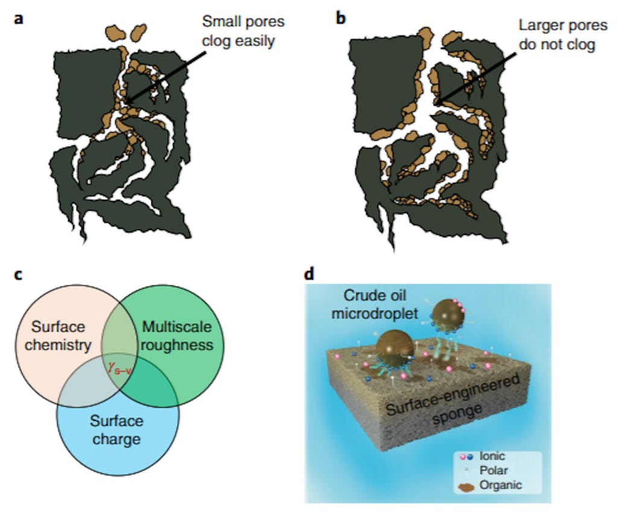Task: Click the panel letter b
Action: [x=341, y=19]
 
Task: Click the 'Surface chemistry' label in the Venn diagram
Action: [x=59, y=336]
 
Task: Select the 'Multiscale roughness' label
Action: [x=177, y=336]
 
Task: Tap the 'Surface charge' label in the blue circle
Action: [x=116, y=429]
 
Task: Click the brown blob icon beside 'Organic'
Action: [x=472, y=484]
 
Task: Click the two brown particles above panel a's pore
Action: [x=126, y=31]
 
